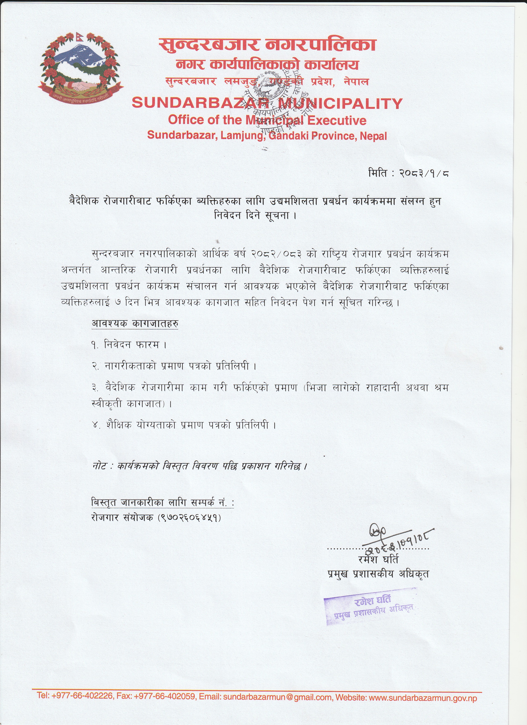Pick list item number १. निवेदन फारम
[x=129, y=345]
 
